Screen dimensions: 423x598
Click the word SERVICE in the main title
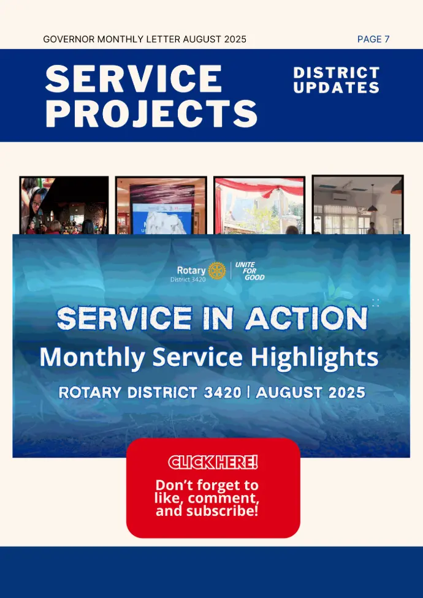tap(134, 78)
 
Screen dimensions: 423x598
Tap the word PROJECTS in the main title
tap(151, 113)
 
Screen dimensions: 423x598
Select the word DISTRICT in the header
tap(337, 72)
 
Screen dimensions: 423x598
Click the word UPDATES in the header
tap(337, 88)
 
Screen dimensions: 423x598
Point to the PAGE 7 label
tap(373, 39)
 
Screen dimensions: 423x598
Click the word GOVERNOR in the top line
tap(69, 39)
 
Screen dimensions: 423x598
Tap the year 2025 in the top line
tap(235, 39)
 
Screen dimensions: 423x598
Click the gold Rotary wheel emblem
tap(216, 270)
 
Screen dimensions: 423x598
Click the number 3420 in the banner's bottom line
tap(223, 392)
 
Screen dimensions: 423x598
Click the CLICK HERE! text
tap(213, 462)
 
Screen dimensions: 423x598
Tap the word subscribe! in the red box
tap(223, 510)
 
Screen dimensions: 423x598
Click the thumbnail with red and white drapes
tap(259, 205)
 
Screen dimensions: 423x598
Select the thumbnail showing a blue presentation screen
tap(161, 205)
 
